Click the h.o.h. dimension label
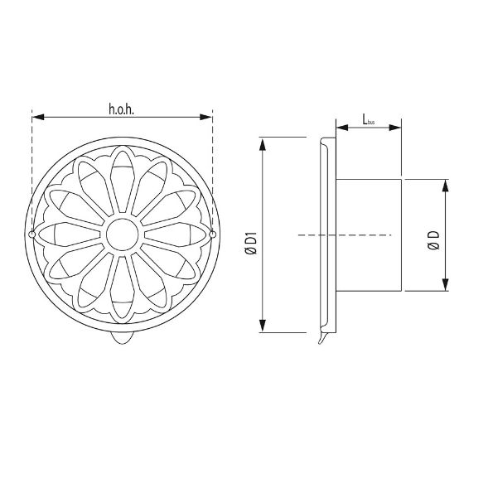coord(121,109)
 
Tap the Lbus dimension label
coord(369,120)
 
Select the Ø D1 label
coord(252,243)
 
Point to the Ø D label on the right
coord(434,240)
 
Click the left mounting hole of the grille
coord(31,234)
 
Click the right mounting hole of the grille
coord(213,234)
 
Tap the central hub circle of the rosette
coord(123,234)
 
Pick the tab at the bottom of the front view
coord(123,337)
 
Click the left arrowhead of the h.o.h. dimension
coord(38,118)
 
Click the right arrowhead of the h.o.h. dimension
coord(206,118)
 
